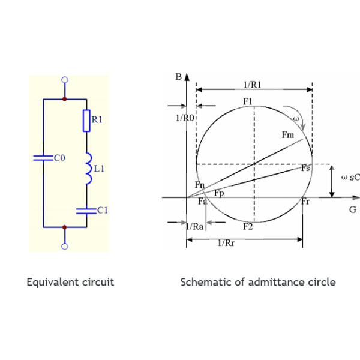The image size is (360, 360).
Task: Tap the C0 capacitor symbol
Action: coord(43,158)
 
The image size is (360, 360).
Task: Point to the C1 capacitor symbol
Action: coord(86,210)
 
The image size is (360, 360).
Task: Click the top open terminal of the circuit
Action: coord(65,79)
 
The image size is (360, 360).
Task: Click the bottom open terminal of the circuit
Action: coord(65,245)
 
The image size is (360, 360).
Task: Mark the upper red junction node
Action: coord(65,98)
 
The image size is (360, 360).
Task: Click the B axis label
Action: coord(178,77)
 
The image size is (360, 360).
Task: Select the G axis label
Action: coord(353,209)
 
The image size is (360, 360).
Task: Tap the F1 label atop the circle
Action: coord(248,100)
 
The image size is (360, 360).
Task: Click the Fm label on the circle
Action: coord(288,136)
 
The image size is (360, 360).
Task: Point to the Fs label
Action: coord(305,169)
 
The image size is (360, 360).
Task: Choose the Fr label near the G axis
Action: coord(305,202)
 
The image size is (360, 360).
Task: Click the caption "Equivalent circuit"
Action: coord(70,282)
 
